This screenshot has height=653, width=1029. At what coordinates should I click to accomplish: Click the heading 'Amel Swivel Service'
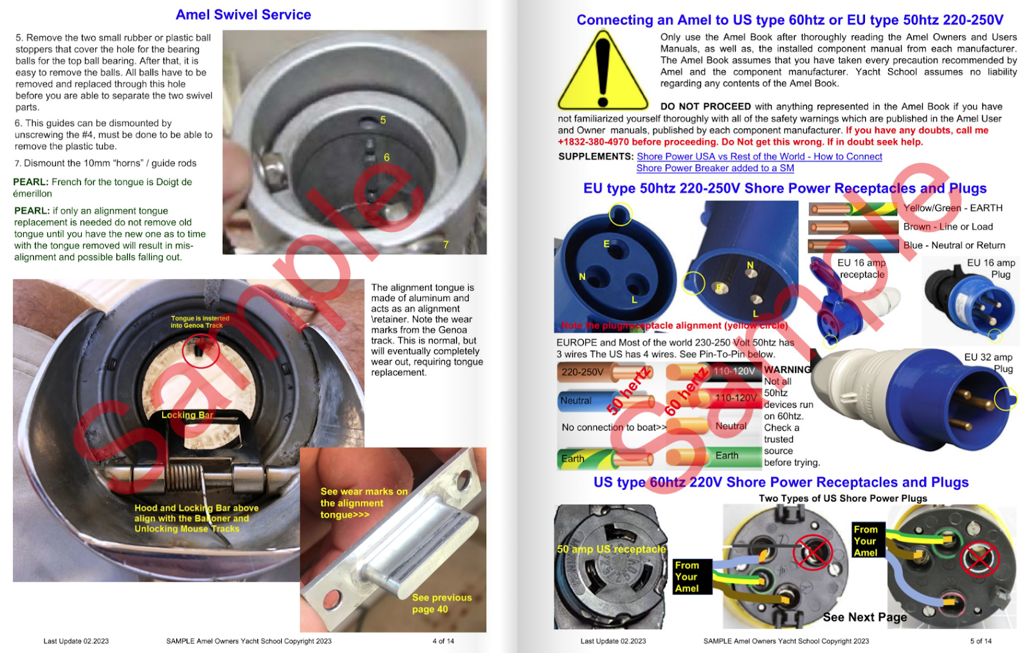[x=243, y=15]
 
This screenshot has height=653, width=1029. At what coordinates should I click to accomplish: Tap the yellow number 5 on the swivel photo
[x=383, y=120]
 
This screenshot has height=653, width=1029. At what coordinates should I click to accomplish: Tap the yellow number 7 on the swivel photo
[x=446, y=245]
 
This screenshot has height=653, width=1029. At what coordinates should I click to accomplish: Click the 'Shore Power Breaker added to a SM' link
[x=715, y=168]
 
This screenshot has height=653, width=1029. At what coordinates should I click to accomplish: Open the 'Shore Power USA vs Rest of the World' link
[x=759, y=157]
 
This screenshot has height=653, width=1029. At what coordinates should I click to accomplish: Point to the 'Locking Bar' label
[x=187, y=415]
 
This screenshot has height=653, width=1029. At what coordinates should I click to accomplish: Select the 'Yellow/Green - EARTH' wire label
[x=952, y=208]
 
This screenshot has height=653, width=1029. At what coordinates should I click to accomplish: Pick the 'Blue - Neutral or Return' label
[x=954, y=246]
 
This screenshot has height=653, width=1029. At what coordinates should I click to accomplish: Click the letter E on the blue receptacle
[x=606, y=244]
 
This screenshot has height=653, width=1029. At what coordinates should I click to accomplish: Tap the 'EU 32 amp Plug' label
[x=988, y=362]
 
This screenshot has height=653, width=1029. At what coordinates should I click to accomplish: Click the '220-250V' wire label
[x=583, y=372]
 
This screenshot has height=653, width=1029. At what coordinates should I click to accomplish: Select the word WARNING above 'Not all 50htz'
[x=787, y=370]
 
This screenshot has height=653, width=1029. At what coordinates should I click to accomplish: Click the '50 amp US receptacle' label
[x=611, y=550]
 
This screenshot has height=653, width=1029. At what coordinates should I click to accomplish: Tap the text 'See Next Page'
[x=864, y=617]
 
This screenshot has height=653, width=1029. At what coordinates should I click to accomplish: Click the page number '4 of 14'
[x=443, y=641]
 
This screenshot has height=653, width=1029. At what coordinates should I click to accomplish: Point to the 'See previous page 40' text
[x=442, y=604]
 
